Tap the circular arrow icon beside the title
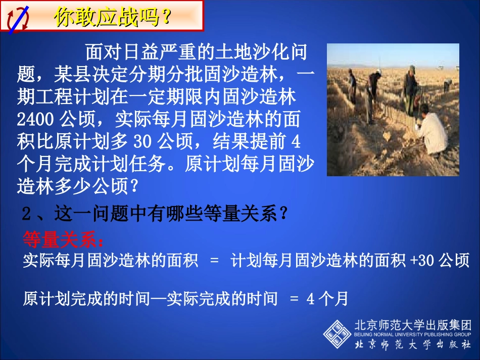[17, 18]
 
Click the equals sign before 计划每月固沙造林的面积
[214, 261]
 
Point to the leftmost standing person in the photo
[352, 86]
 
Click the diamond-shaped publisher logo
[337, 334]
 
